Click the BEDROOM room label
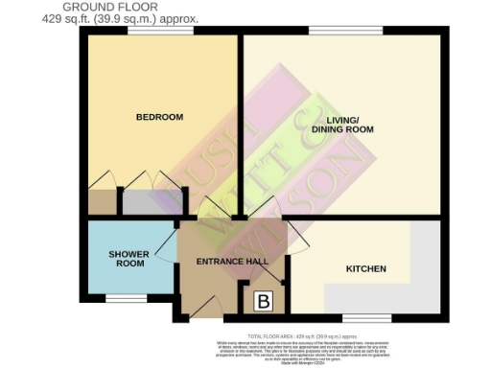[x=159, y=117]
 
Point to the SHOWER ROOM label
[x=129, y=259]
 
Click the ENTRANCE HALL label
[x=231, y=262]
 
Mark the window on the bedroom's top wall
[x=160, y=34]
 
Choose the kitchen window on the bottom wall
[x=366, y=316]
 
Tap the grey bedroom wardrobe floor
[x=149, y=202]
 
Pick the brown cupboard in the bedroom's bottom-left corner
[x=101, y=202]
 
